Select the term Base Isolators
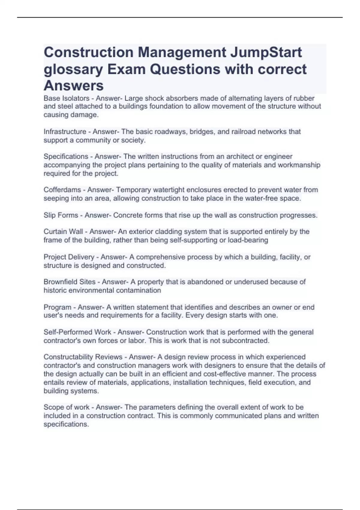66,98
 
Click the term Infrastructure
65,132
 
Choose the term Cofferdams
62,190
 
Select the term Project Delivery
69,257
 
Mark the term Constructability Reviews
83,357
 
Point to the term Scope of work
66,407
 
